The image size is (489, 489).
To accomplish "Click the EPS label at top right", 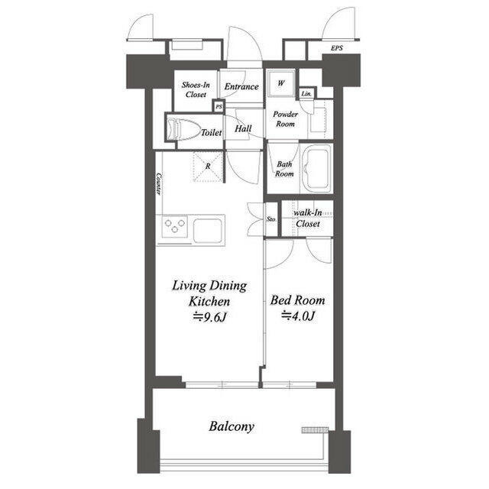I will [337, 49].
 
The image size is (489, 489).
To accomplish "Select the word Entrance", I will [241, 87].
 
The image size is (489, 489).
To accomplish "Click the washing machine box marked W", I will [280, 83].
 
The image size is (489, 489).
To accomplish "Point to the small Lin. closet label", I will [306, 93].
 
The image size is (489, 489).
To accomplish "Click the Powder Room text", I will [286, 118].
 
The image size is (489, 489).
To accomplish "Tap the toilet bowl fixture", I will [182, 130].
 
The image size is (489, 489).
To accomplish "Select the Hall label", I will [244, 129].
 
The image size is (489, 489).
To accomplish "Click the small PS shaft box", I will [219, 108].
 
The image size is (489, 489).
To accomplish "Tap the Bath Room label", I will [284, 169].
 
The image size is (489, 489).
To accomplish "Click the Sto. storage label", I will [271, 219].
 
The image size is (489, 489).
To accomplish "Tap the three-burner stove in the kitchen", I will [173, 227].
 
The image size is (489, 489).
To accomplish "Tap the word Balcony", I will [232, 426].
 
